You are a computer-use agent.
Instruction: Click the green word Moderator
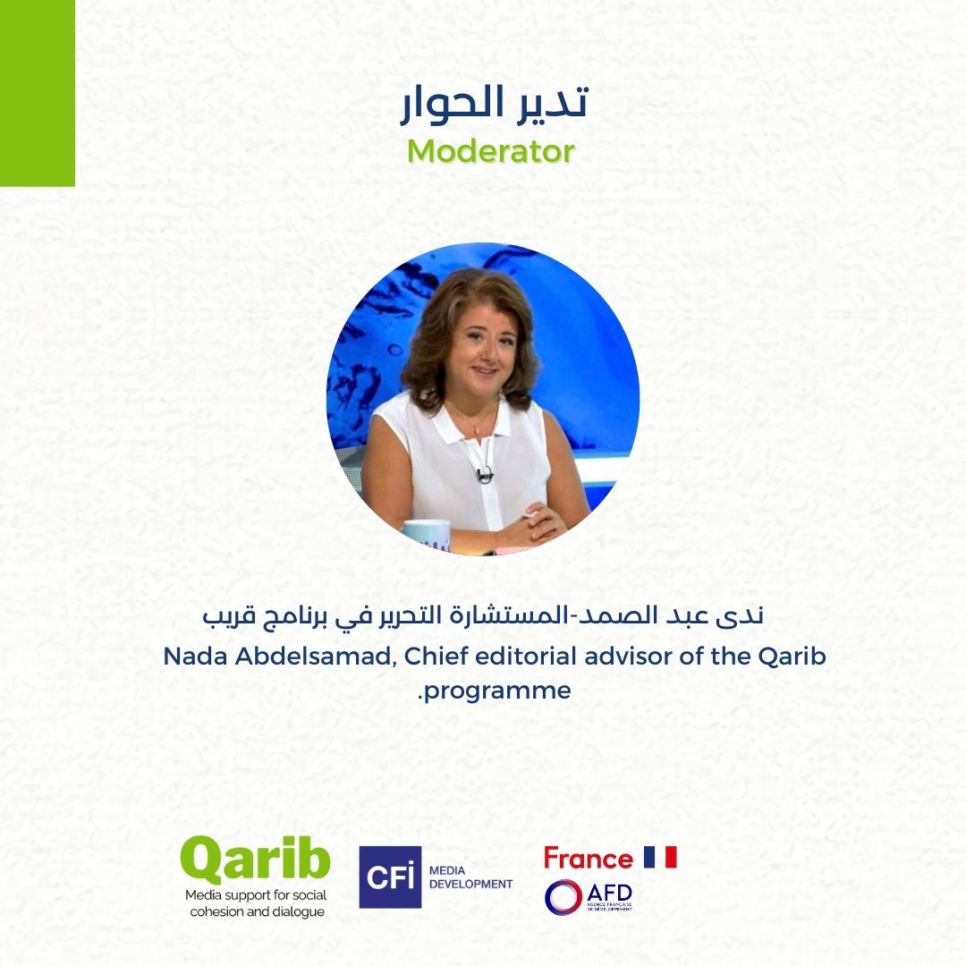tap(491, 151)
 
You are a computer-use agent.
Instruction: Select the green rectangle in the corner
tap(37, 93)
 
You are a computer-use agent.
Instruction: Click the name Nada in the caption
tap(196, 657)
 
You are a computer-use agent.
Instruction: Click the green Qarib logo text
tap(255, 861)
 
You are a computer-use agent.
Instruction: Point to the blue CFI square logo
tap(391, 877)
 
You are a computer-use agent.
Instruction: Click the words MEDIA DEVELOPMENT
tap(470, 877)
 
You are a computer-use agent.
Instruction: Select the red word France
tap(589, 858)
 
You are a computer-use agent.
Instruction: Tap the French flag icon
tap(660, 857)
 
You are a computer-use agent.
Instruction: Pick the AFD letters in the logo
tap(609, 893)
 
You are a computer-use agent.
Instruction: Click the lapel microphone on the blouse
tap(484, 474)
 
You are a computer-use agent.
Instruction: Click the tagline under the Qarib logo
tap(257, 903)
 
